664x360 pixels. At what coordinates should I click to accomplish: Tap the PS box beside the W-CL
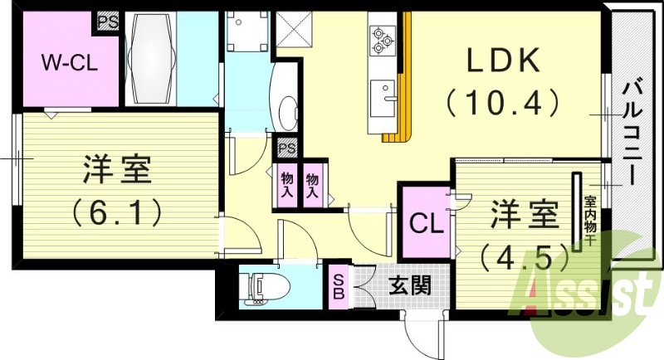[x=108, y=21]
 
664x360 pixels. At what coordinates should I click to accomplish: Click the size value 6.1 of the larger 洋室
[x=116, y=214]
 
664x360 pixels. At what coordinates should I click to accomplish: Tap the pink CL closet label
[x=427, y=224]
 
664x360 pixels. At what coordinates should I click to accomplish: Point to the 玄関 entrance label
[x=409, y=287]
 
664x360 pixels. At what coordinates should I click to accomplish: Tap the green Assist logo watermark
[x=581, y=294]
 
